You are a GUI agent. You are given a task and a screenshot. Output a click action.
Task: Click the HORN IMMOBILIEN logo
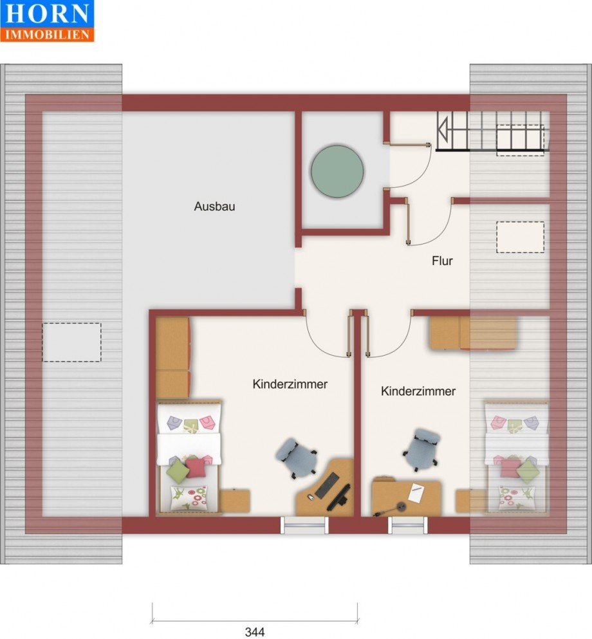click(x=47, y=21)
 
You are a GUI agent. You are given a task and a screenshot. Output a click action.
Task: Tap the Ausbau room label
click(x=214, y=206)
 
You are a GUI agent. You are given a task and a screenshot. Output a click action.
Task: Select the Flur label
click(x=442, y=261)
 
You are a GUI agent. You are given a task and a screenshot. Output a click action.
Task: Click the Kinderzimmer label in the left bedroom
click(x=290, y=384)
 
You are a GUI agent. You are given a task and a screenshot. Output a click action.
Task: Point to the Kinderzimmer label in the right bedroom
click(x=418, y=391)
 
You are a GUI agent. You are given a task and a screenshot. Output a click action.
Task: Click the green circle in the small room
click(x=337, y=171)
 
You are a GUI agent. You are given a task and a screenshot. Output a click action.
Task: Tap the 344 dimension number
click(x=255, y=632)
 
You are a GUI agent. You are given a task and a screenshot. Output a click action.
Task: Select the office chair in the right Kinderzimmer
click(x=421, y=449)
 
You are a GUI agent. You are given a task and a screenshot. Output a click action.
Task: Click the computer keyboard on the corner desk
click(x=327, y=485)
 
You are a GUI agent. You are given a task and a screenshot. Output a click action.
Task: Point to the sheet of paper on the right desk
click(x=416, y=492)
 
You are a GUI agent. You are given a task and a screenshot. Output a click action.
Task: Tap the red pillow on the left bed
click(x=195, y=467)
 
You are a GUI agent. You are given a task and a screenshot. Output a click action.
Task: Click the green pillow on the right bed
click(x=528, y=468)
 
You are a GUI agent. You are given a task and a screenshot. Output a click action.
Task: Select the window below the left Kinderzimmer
click(x=304, y=525)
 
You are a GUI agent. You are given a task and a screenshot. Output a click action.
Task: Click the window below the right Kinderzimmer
click(x=407, y=525)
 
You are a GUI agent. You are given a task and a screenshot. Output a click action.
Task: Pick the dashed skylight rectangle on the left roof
click(x=71, y=342)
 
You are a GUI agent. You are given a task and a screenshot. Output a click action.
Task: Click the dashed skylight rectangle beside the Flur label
click(x=521, y=237)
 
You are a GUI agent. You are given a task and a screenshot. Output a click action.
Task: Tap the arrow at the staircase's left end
click(x=442, y=129)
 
